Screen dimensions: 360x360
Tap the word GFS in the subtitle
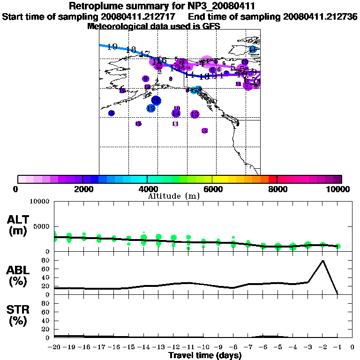click(x=211, y=26)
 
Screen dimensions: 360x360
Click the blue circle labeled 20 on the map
click(x=156, y=100)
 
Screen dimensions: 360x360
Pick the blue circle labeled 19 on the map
click(x=150, y=109)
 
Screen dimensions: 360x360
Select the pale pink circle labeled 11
click(x=176, y=124)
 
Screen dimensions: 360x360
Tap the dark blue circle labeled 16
click(x=112, y=113)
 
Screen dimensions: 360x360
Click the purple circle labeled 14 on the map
click(x=176, y=113)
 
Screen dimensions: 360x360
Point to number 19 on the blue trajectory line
click(x=112, y=46)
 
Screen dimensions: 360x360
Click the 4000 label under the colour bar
click(x=147, y=189)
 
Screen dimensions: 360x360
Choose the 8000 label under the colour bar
click(x=277, y=189)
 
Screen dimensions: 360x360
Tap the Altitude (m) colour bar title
click(x=174, y=196)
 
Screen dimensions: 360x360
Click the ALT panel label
click(x=18, y=219)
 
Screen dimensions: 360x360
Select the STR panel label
click(x=18, y=309)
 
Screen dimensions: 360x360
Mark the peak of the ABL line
click(x=322, y=261)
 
